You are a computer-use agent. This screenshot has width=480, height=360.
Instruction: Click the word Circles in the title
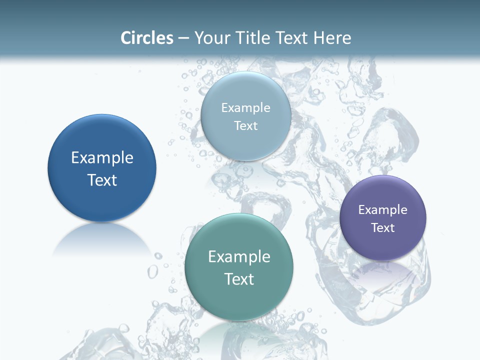(147, 38)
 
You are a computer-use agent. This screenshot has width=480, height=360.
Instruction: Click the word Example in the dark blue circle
(102, 158)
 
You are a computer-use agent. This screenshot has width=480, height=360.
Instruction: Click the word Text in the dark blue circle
(102, 180)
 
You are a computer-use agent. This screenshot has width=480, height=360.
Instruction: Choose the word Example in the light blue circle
(246, 108)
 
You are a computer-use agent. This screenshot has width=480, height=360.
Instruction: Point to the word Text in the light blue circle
(246, 125)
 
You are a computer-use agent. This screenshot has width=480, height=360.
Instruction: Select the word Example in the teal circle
(239, 257)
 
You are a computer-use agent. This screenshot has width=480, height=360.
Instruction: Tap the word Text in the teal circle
(239, 279)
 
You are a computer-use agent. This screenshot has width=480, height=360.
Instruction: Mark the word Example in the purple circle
(383, 210)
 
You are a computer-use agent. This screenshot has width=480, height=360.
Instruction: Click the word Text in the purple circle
(383, 228)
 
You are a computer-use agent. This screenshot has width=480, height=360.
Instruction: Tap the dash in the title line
(183, 38)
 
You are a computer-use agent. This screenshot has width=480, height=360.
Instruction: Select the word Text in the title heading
(292, 38)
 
